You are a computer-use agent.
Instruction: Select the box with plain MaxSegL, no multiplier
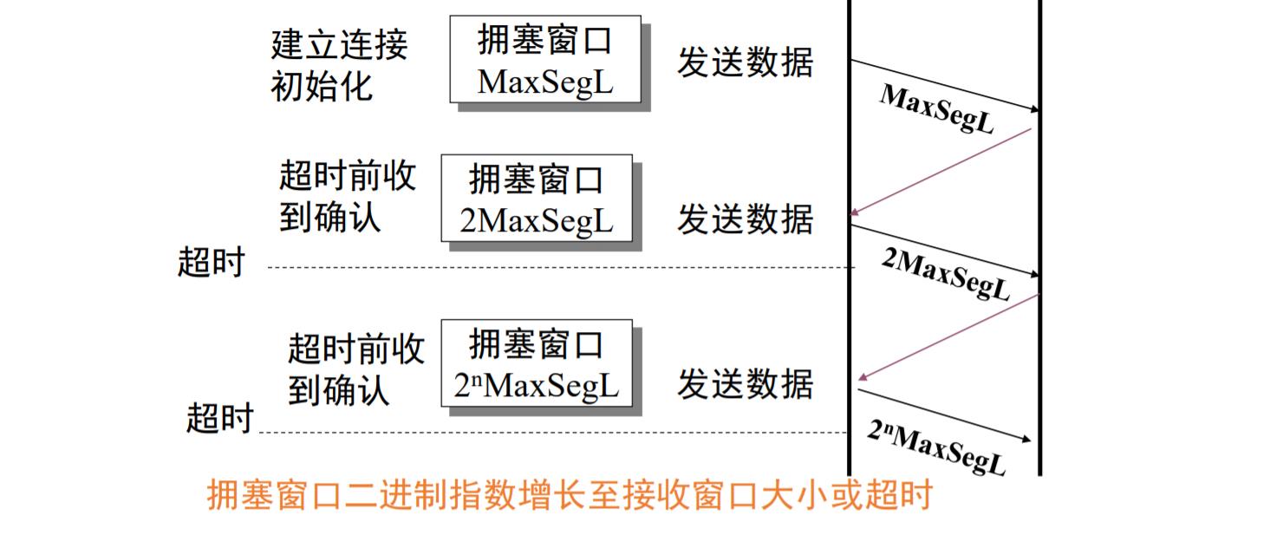coord(545,59)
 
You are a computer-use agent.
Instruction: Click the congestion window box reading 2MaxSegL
coord(537,200)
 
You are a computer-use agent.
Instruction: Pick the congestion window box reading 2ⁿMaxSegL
coord(537,365)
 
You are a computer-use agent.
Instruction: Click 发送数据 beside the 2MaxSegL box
coord(745,219)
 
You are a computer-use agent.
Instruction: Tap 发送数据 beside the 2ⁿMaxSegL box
coord(745,384)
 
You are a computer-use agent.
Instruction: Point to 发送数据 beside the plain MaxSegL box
coord(745,62)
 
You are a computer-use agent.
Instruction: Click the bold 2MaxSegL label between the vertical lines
coord(946,273)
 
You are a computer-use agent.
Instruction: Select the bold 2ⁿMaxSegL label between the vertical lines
coord(937,447)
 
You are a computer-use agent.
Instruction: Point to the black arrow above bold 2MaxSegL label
coord(944,251)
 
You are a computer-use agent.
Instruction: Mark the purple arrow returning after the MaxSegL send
coord(941,171)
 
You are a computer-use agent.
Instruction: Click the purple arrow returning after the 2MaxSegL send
coord(947,336)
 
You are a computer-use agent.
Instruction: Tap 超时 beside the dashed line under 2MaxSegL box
coord(212,262)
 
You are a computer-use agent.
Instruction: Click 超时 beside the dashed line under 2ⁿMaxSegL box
coord(219,419)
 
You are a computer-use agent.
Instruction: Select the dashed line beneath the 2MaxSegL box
coord(555,267)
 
